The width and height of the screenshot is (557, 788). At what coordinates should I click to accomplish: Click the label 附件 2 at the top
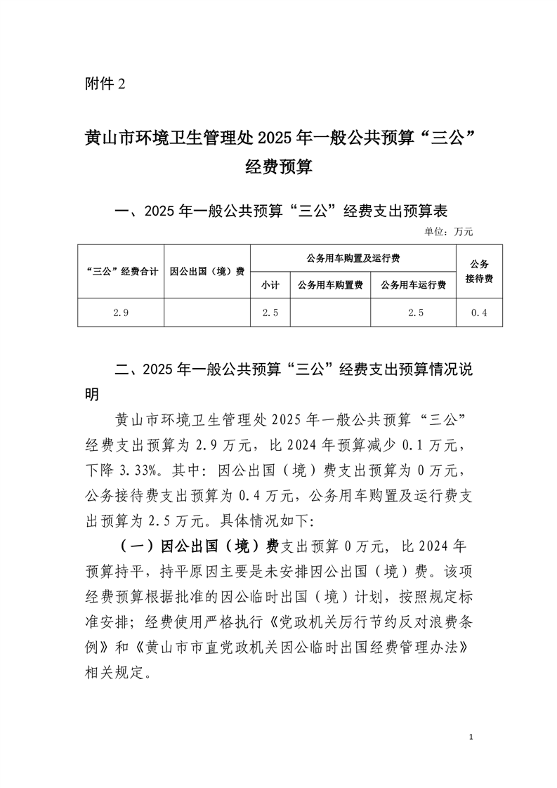click(x=103, y=84)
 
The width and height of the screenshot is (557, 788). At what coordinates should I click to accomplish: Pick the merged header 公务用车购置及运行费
click(x=353, y=258)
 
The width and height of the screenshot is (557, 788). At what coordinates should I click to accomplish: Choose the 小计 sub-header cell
click(x=270, y=285)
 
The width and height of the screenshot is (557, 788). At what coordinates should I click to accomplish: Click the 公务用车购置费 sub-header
click(x=330, y=285)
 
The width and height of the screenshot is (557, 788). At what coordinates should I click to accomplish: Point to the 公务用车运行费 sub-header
click(x=414, y=285)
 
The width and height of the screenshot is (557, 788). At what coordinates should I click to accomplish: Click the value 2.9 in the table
click(x=121, y=313)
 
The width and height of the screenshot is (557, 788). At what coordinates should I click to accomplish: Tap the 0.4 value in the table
click(x=479, y=313)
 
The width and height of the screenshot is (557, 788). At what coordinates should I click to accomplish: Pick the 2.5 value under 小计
click(x=270, y=313)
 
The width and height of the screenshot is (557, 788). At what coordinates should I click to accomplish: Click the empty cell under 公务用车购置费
click(x=330, y=313)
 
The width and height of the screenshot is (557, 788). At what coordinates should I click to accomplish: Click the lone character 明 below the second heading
click(x=91, y=393)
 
